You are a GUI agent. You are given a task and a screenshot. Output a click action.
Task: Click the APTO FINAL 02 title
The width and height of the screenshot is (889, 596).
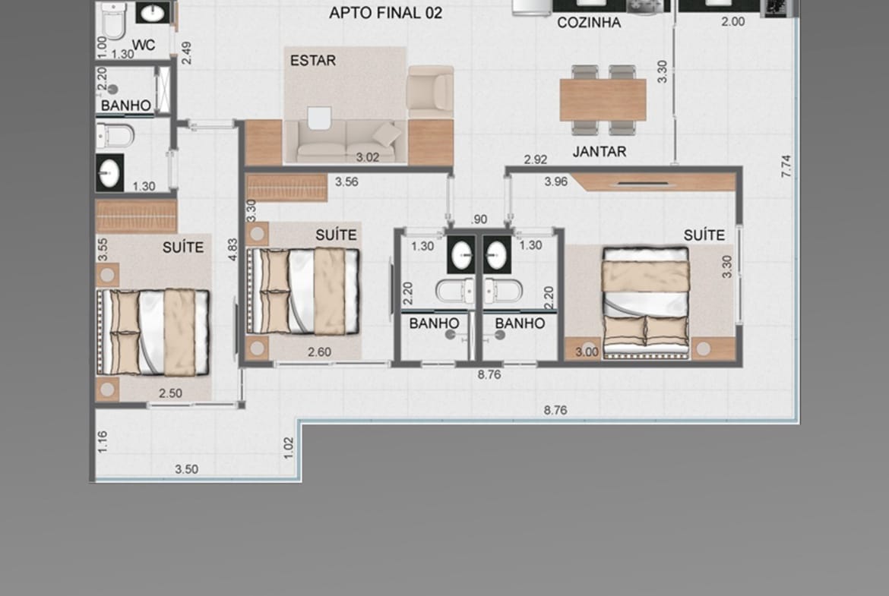tap(385, 12)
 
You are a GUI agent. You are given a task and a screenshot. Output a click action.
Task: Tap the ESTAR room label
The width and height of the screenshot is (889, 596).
tap(313, 60)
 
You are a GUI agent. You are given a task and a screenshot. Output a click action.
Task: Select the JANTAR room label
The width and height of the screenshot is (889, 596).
tap(600, 151)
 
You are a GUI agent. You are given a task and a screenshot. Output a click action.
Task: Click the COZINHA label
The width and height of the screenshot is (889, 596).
tap(589, 23)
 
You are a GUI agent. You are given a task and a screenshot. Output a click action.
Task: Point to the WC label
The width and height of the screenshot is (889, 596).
tap(144, 45)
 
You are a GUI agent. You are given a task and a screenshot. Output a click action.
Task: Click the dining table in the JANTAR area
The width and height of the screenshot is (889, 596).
tap(603, 99)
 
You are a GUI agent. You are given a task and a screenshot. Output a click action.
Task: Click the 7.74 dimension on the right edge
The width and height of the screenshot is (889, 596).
tap(786, 166)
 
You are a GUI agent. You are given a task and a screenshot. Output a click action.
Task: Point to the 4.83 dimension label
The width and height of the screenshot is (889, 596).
tap(233, 249)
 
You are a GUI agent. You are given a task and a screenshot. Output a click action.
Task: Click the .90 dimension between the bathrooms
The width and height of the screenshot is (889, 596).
tap(479, 219)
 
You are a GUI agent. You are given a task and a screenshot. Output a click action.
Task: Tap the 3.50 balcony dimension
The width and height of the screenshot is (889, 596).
tap(186, 469)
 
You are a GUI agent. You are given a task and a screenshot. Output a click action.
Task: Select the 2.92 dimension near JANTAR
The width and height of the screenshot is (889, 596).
tap(535, 159)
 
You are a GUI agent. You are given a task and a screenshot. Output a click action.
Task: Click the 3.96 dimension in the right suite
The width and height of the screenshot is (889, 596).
tap(555, 181)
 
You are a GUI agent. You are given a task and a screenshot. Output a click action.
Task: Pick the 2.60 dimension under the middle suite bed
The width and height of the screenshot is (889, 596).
tap(319, 352)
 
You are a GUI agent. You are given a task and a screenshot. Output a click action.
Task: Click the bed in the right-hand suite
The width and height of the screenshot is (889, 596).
tap(646, 302)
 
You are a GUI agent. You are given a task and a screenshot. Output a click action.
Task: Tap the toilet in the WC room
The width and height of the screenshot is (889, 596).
tap(112, 21)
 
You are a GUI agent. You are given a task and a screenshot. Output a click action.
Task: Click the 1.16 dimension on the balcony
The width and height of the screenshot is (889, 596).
tap(103, 442)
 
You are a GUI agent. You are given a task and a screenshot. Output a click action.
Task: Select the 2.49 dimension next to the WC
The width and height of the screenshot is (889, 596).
tap(186, 52)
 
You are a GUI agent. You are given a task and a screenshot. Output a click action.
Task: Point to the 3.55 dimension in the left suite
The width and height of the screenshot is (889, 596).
tap(103, 249)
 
